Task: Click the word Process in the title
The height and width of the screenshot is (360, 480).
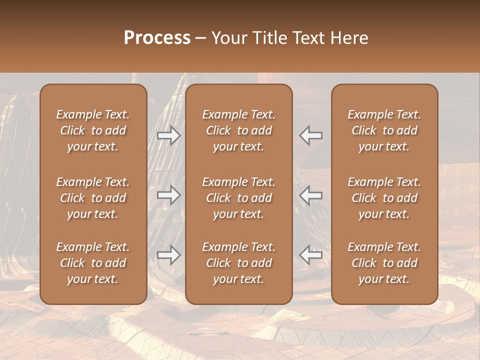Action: click(x=157, y=37)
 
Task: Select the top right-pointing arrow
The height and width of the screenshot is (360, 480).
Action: click(x=168, y=135)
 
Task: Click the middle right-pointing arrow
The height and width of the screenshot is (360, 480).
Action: click(x=168, y=194)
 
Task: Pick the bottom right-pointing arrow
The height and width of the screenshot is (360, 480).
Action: click(x=168, y=255)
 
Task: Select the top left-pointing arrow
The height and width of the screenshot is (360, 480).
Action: click(x=311, y=135)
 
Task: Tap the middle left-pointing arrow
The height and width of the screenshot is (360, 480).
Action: click(x=311, y=194)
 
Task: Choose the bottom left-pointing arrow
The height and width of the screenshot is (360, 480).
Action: click(x=311, y=255)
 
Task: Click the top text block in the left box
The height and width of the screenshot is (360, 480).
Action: click(x=93, y=130)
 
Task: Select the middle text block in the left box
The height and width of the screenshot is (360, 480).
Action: click(x=93, y=198)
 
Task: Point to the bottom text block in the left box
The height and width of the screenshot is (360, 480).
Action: click(x=93, y=263)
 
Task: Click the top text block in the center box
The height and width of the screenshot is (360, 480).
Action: click(x=238, y=130)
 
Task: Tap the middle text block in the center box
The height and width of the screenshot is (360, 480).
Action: click(x=238, y=198)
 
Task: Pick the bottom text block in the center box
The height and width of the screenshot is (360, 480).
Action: click(x=238, y=263)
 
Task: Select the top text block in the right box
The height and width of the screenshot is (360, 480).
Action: click(x=384, y=130)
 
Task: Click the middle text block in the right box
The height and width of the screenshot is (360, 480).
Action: click(x=384, y=198)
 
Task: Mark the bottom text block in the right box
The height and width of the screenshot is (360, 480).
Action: click(x=384, y=263)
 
